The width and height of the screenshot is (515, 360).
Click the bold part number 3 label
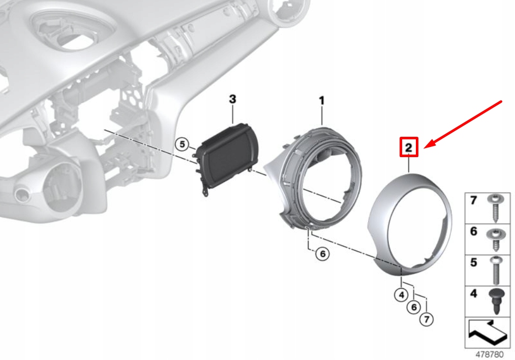(x=232, y=99)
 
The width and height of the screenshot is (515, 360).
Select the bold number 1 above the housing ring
(x=322, y=101)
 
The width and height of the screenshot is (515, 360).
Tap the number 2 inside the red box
(x=409, y=147)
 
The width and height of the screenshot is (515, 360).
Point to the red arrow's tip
(x=425, y=148)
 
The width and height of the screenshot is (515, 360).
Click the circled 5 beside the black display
(x=183, y=144)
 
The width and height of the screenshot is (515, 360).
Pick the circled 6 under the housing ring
(x=322, y=254)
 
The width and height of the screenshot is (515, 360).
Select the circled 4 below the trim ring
(x=401, y=295)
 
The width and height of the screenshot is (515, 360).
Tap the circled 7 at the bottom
(x=427, y=319)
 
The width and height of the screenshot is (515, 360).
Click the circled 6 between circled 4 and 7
(x=414, y=307)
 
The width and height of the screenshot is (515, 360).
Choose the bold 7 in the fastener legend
(x=473, y=200)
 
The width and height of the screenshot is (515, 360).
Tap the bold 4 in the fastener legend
(x=473, y=293)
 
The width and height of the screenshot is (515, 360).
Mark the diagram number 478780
(x=490, y=354)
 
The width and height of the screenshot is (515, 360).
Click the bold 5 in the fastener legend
(x=473, y=262)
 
